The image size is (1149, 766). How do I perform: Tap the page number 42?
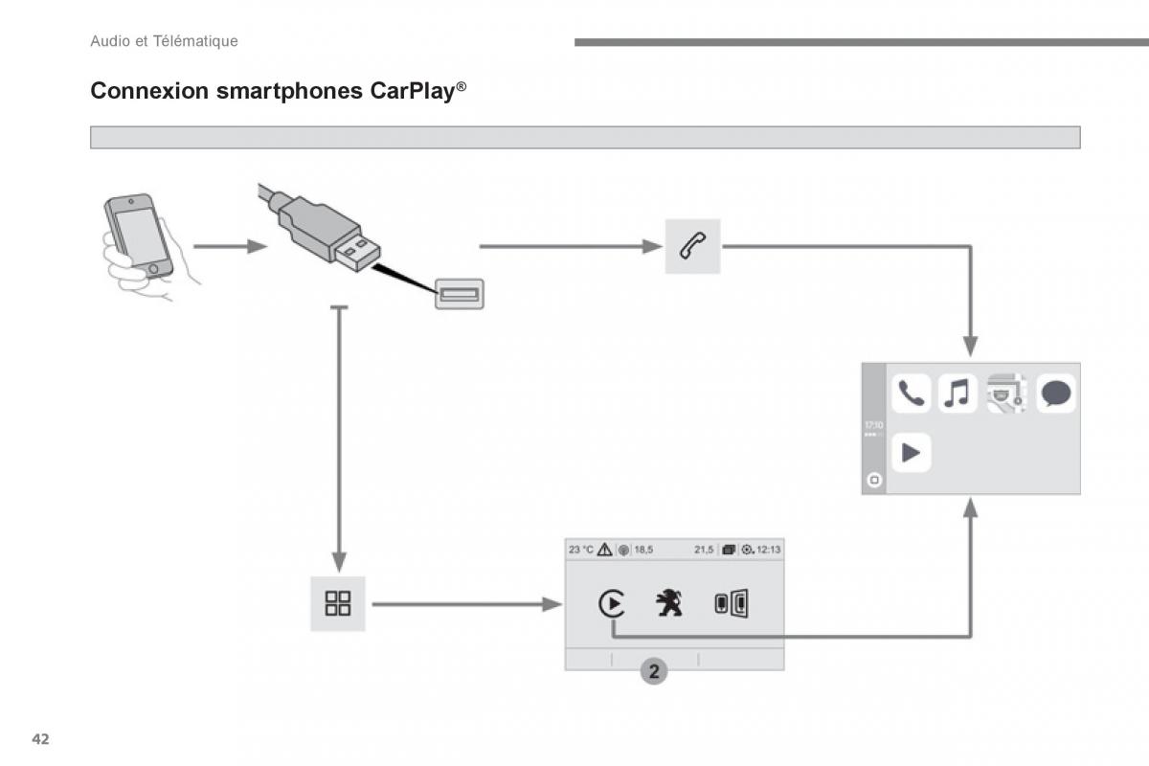coord(40,739)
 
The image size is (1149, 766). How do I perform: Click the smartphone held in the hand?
coord(139,236)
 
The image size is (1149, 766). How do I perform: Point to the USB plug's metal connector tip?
coord(358,252)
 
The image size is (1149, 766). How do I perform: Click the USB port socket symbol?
coord(460,294)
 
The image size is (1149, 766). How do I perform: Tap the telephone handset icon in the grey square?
coord(692,246)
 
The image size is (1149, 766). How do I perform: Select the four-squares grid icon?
coord(337,603)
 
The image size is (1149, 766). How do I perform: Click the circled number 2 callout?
coord(654,671)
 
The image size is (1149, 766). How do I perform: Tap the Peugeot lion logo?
coord(669,602)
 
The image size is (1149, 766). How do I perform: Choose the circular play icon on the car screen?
coord(612,603)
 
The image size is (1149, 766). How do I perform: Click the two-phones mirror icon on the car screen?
coord(732,603)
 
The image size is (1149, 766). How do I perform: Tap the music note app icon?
coord(957,394)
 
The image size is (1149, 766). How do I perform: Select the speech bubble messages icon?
coord(1056,394)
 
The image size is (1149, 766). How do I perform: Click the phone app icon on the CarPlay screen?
coord(911,394)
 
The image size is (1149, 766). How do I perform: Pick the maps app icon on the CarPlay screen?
coord(1006,394)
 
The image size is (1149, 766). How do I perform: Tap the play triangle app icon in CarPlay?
coord(911,453)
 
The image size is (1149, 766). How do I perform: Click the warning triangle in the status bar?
coord(605,550)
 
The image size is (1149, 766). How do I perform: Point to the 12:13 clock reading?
coord(768,550)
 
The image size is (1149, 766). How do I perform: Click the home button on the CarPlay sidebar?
coord(874,480)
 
